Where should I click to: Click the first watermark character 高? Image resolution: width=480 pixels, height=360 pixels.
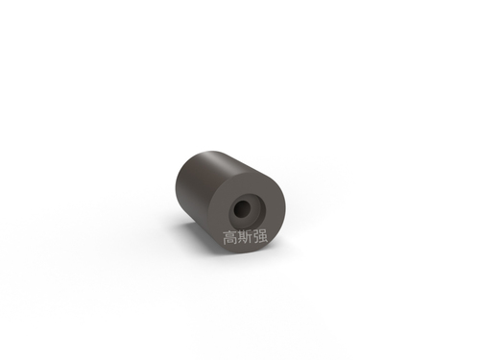point(229,237)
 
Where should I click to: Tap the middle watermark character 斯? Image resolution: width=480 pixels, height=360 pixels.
point(245,237)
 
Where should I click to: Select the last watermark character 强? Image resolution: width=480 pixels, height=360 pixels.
point(260,237)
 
